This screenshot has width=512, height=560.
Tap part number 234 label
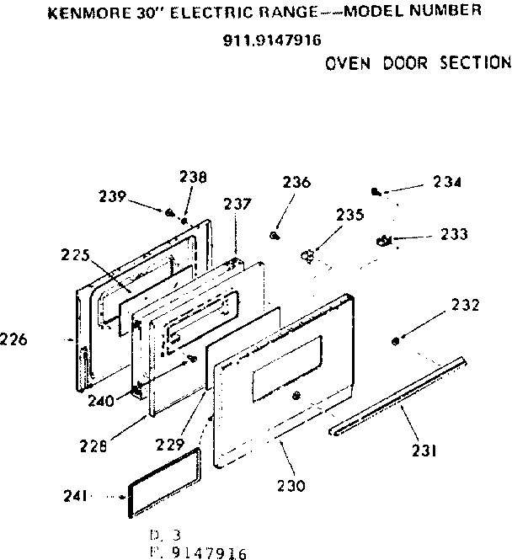[448, 182]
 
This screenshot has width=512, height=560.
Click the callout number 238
[193, 177]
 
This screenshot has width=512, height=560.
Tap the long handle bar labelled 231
[399, 396]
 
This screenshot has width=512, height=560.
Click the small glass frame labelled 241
[165, 481]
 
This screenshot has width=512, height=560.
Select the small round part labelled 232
[396, 340]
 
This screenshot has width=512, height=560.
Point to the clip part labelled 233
[384, 242]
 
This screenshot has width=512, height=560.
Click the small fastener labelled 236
[275, 235]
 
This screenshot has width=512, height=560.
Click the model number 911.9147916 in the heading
[260, 39]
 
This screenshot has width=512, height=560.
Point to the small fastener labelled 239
[171, 212]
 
